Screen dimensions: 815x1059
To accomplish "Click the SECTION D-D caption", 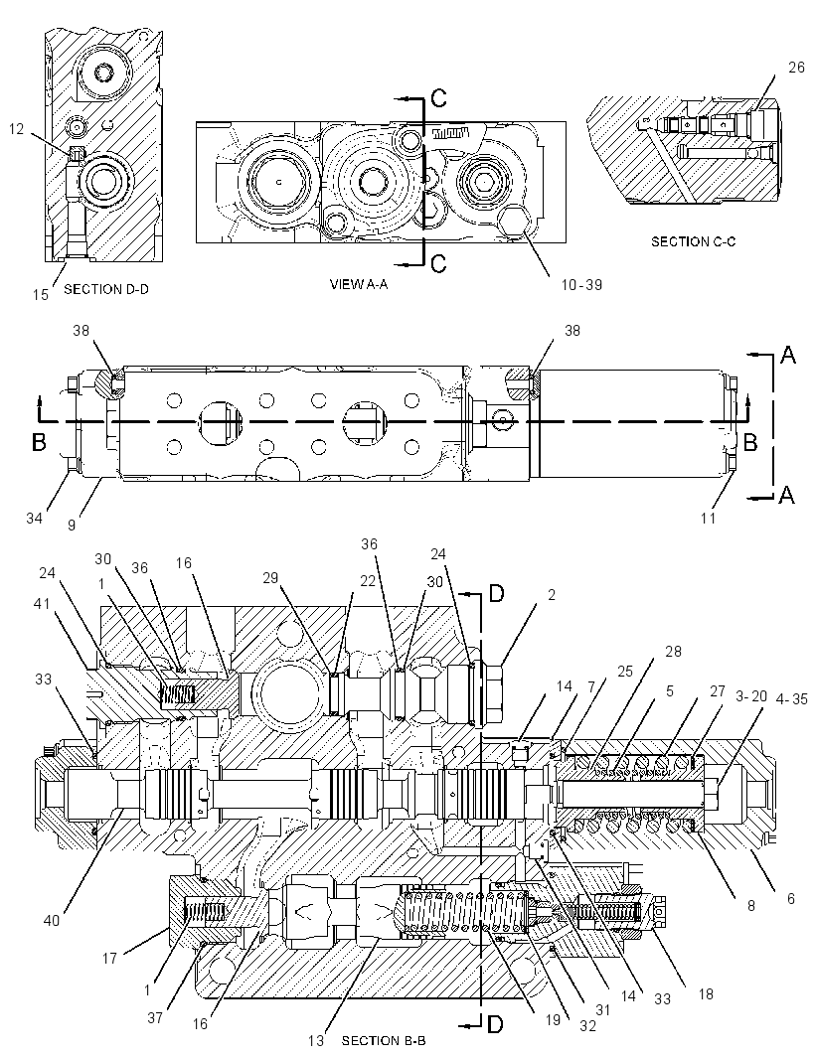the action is pos(106,289).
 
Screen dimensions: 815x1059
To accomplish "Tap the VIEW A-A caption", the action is pos(358,284).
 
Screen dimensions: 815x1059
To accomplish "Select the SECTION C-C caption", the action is pos(693,241).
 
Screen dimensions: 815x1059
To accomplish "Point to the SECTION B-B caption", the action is pos(384,1040).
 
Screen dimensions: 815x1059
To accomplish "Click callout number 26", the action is pos(796,67).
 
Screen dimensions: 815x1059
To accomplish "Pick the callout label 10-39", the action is pos(581,284).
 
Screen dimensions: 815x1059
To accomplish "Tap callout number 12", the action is pos(17,128).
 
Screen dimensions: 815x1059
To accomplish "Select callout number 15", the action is pos(41,294).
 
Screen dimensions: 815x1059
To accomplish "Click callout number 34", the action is pos(34,518).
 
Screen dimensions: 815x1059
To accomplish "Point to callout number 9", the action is pos(72,524).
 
